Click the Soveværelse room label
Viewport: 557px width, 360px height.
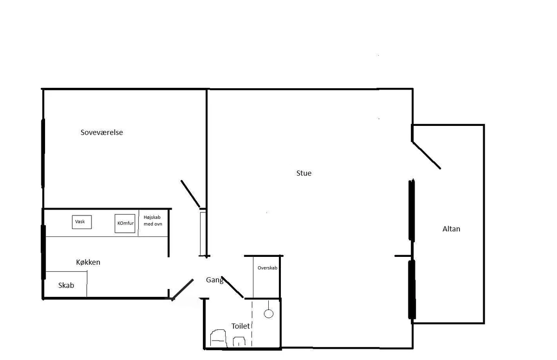click(102, 132)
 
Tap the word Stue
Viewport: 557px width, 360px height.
click(304, 173)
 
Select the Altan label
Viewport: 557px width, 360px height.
click(451, 229)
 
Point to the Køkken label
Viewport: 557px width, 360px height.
click(88, 262)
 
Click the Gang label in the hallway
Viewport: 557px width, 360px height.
click(214, 280)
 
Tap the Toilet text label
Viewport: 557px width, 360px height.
click(240, 326)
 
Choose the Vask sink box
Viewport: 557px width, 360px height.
click(82, 222)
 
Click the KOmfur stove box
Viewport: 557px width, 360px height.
click(125, 223)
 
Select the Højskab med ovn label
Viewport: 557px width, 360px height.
click(153, 221)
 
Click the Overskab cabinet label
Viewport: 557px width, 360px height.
click(267, 268)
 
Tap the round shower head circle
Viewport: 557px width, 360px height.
click(269, 314)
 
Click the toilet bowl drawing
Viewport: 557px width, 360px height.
click(218, 338)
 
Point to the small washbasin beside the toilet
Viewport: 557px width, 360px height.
click(239, 341)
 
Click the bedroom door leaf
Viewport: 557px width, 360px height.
click(190, 194)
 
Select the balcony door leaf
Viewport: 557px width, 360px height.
click(426, 155)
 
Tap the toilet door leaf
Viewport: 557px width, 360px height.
click(232, 287)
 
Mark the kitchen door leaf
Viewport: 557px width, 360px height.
click(182, 290)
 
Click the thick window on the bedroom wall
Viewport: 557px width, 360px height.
click(43, 153)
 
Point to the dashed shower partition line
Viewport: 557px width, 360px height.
click(252, 323)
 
